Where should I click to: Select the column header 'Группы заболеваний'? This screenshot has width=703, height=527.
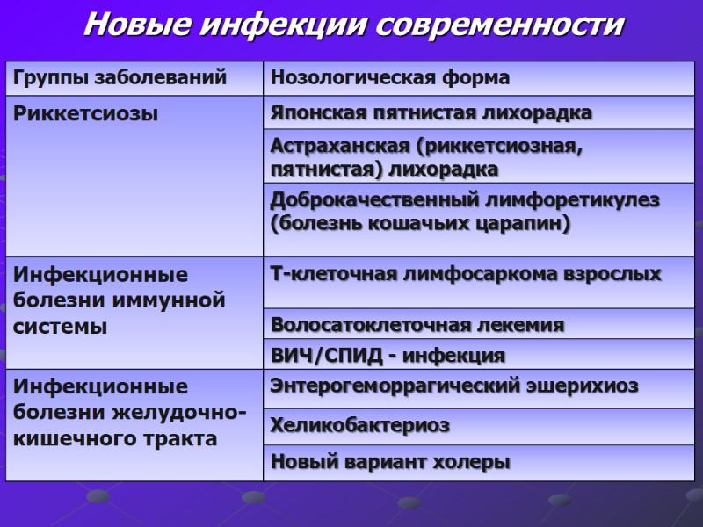120,77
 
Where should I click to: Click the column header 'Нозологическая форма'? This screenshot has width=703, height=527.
390,77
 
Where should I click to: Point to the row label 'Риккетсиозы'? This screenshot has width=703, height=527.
85,113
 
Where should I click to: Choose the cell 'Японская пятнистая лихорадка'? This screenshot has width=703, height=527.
431,113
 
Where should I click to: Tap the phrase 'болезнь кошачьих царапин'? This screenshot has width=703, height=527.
420,223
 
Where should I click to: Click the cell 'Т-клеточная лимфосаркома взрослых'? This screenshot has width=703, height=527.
466,274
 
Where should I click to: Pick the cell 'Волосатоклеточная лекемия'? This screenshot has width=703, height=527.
417,325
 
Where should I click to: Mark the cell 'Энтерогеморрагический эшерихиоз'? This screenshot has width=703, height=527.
454,385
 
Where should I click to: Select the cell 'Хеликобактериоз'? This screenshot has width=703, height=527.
360,425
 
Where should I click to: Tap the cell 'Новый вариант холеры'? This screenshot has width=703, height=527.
390,461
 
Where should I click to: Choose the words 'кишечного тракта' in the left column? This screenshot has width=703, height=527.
115,438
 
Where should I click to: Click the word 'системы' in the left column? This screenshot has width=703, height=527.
60,327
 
